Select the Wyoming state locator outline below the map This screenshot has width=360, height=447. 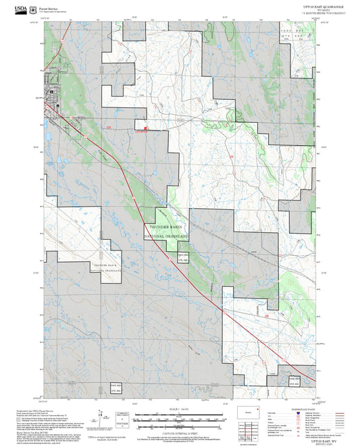click(x=249, y=411)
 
